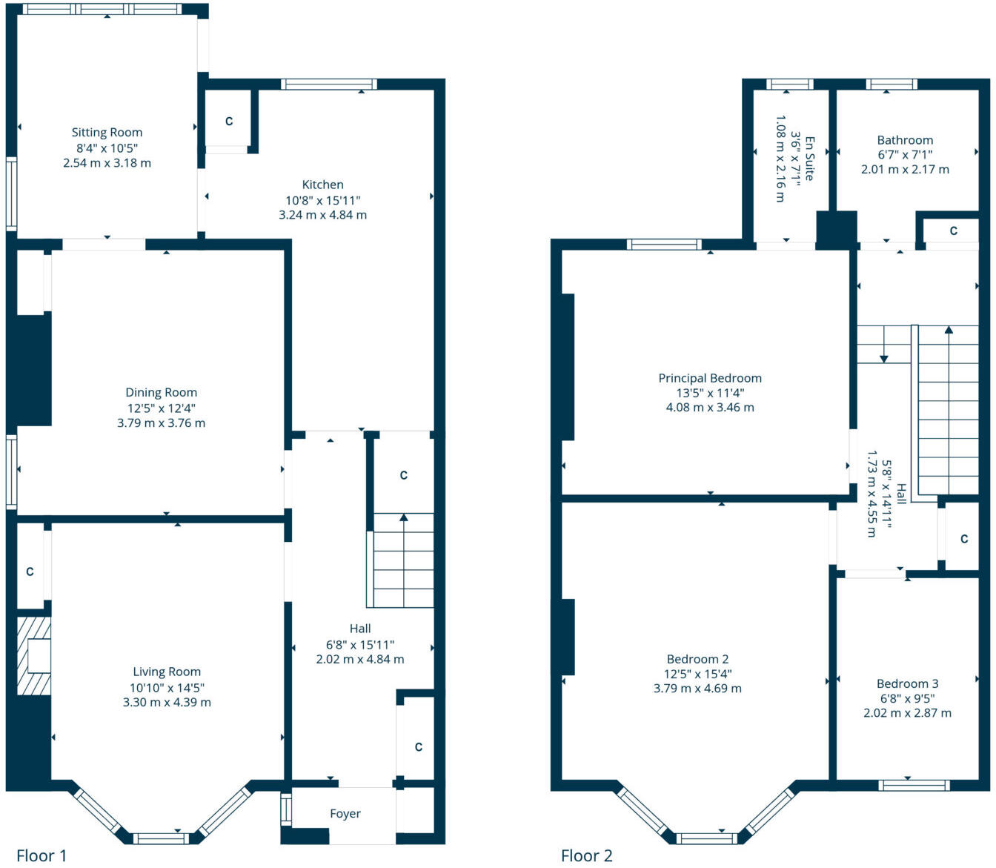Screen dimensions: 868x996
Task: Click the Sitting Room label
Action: pos(107,133)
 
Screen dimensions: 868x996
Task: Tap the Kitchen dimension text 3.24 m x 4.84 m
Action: pos(322,215)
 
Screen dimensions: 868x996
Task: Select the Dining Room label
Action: pos(161,393)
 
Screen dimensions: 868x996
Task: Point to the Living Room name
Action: pos(167,672)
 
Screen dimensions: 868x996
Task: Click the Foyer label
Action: pos(345,814)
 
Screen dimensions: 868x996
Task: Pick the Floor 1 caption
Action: pos(41,855)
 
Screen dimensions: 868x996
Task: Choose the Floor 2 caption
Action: pos(586,855)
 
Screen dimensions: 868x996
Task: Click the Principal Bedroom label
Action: pos(710,378)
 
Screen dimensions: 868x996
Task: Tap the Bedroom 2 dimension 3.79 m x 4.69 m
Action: pos(697,688)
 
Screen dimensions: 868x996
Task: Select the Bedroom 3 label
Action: pos(907,683)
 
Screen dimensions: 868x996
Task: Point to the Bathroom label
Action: pos(905,140)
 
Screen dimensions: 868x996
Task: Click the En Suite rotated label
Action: pos(809,158)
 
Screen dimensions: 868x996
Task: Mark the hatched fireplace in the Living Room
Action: pos(34,656)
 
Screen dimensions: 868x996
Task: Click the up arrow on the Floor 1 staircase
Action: pos(403,518)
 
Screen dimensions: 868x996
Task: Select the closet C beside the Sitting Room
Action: pos(229,121)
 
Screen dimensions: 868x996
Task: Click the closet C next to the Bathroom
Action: pos(953,231)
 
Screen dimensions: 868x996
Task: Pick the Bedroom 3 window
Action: pos(914,786)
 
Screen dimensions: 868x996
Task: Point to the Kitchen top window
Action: pos(329,84)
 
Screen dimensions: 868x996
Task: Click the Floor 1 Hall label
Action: pos(360,629)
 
